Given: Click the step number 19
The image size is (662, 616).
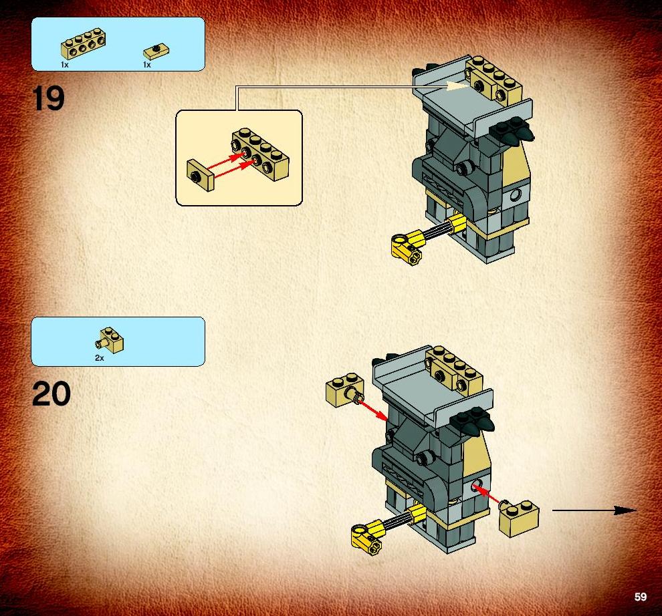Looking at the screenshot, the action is [x=49, y=98].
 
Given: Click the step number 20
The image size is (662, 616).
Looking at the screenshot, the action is [x=51, y=394].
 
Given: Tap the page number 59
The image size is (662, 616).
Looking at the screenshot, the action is [x=640, y=597].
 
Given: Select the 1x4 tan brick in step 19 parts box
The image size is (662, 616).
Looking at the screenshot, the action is [x=83, y=43].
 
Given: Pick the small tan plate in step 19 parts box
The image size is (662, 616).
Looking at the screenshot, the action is [x=156, y=52].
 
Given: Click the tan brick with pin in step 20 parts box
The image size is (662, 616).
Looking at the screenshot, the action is [x=110, y=340].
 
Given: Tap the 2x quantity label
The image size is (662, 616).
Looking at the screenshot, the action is [x=99, y=358].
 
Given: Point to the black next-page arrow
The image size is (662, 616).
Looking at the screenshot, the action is [x=594, y=510].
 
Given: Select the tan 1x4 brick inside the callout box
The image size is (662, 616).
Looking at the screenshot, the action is [x=260, y=154].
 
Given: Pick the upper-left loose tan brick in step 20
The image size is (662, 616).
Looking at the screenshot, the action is [x=345, y=390].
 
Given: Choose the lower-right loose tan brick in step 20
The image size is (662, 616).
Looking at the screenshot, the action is [x=519, y=518].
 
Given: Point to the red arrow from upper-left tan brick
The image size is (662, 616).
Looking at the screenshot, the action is [x=373, y=410].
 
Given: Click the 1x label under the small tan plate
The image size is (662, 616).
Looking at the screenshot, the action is [x=147, y=65].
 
